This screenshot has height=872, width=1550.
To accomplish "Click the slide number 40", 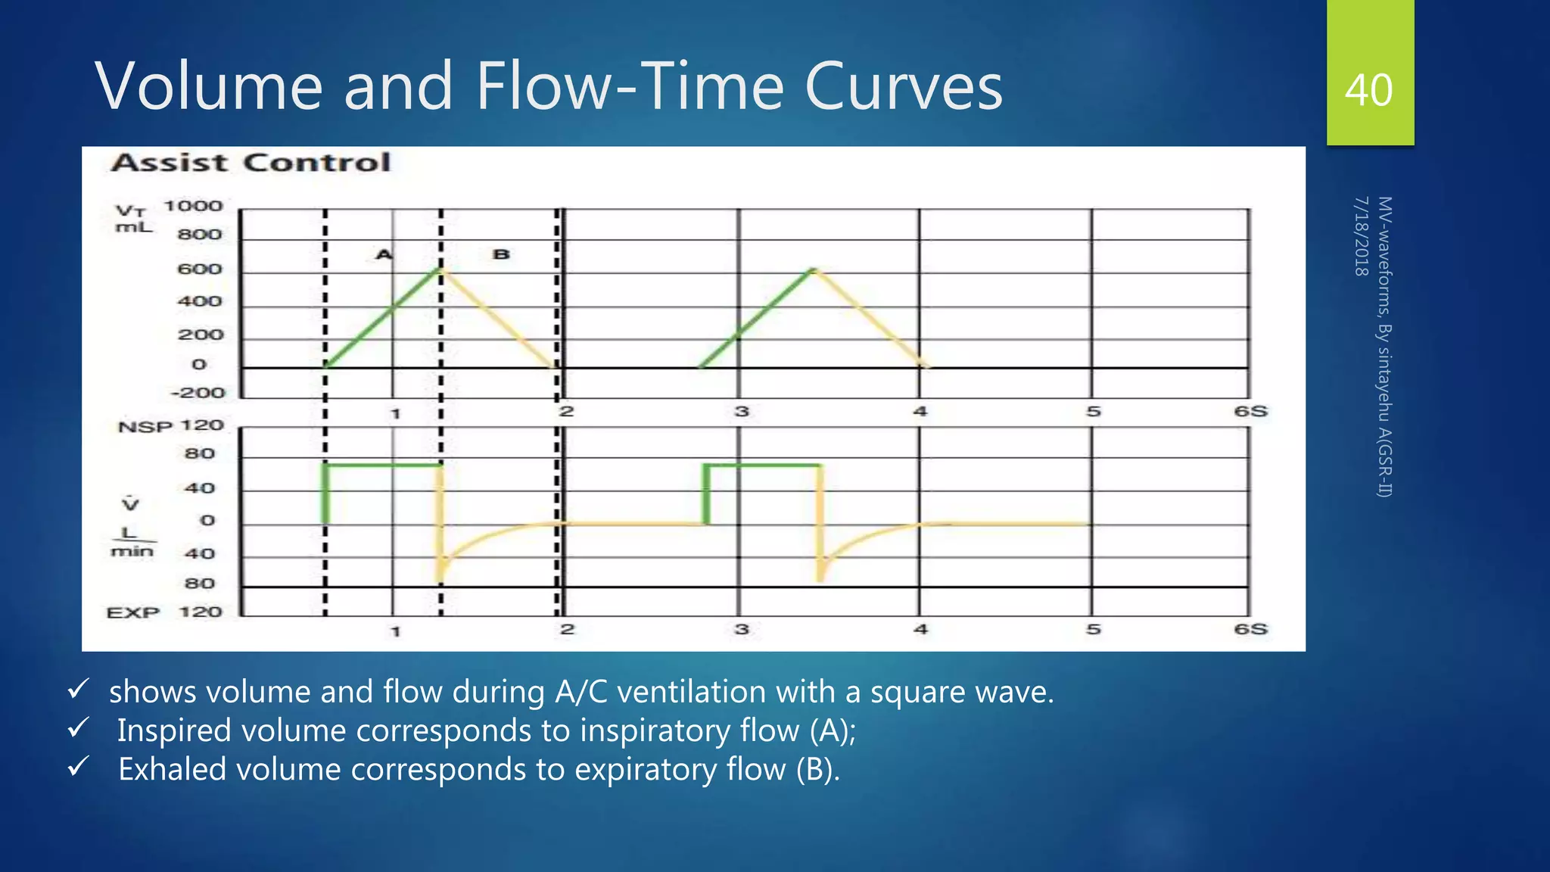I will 1368,90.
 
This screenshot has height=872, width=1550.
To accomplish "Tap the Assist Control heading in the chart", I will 251,163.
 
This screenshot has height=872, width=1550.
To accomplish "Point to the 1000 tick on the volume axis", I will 194,207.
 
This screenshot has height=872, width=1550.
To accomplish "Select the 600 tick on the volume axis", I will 200,269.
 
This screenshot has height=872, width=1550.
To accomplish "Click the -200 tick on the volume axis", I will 198,393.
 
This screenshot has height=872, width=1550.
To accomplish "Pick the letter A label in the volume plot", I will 384,254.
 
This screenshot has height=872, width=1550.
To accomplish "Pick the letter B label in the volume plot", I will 501,254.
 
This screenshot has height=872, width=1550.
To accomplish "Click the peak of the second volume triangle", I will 813,269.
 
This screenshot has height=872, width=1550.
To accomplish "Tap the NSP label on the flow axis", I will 145,428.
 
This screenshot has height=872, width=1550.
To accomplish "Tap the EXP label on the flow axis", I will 133,612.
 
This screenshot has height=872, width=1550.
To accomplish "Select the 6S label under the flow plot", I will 1250,629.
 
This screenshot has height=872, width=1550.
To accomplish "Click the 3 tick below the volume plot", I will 742,411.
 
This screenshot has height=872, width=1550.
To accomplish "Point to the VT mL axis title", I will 133,218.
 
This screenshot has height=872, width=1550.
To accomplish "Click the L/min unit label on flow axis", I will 132,542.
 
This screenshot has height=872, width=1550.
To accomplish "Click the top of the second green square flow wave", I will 763,465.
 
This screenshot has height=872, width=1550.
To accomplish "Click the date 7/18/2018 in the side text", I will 1361,236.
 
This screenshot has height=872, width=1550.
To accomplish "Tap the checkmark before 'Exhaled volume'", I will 79,768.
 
